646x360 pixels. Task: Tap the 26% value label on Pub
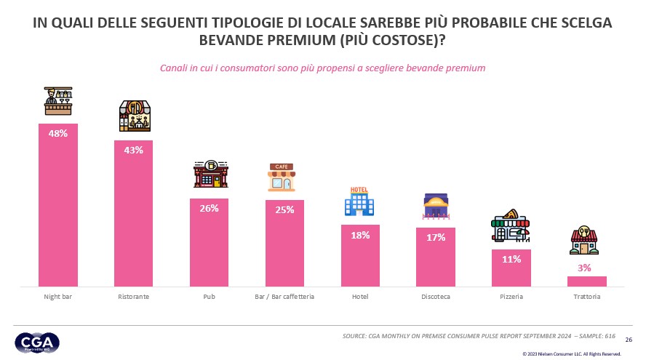pyautogui.click(x=209, y=208)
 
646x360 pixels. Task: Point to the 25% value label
pyautogui.click(x=284, y=210)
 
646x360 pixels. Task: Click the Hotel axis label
pyautogui.click(x=360, y=297)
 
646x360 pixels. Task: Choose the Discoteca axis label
pyautogui.click(x=435, y=297)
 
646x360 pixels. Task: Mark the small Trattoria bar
pyautogui.click(x=586, y=281)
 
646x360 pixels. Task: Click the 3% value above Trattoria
pyautogui.click(x=585, y=268)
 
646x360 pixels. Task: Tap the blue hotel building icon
pyautogui.click(x=359, y=201)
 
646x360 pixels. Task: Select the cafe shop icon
pyautogui.click(x=284, y=177)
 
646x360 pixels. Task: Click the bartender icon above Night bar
pyautogui.click(x=58, y=102)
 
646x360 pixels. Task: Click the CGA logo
pyautogui.click(x=37, y=342)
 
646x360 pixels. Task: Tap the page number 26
pyautogui.click(x=629, y=339)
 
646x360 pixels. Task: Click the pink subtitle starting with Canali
pyautogui.click(x=322, y=68)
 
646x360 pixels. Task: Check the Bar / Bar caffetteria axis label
pyautogui.click(x=284, y=297)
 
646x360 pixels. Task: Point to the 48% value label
pyautogui.click(x=58, y=134)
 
